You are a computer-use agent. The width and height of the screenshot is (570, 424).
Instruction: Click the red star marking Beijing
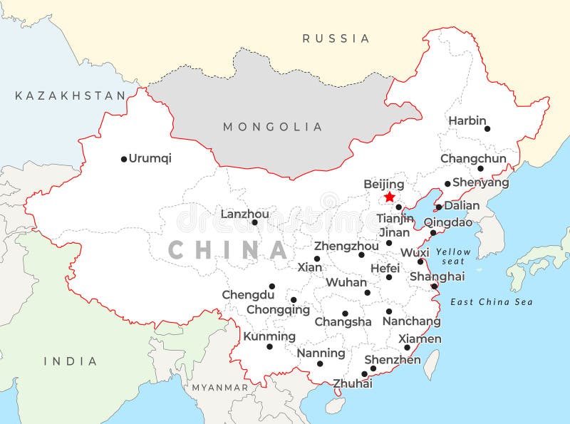coord(389,197)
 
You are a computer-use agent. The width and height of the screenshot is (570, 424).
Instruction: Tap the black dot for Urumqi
coord(123,159)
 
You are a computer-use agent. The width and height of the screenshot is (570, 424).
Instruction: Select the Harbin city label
coord(467,121)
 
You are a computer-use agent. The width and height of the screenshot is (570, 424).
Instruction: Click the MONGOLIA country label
coord(273,127)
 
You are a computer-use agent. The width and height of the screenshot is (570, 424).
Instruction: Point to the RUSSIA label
coord(336,38)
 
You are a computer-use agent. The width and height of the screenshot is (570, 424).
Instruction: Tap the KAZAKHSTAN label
coord(70,95)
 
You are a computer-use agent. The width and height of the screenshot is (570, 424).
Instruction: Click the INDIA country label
coord(71,361)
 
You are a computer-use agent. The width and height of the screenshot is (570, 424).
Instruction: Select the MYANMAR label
coord(219,388)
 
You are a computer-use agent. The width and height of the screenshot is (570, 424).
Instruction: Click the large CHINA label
coord(228,250)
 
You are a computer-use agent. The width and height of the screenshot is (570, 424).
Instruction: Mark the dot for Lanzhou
coord(254,222)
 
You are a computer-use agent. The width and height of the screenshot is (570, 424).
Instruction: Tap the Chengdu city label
coord(248,294)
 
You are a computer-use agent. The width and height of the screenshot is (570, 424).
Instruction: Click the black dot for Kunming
coord(269,346)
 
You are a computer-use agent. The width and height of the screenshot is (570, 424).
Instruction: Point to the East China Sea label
coord(492,302)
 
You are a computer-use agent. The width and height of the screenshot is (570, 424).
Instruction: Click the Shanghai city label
coord(437,276)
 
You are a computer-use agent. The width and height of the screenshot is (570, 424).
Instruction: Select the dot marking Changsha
coord(345,314)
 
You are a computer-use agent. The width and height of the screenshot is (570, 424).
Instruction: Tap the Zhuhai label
coord(353,383)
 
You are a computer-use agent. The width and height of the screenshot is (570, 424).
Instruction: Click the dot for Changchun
coord(480,169)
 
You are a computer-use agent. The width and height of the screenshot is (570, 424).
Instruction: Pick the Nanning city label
coord(321,353)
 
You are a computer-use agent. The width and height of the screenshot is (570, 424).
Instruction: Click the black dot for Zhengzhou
coord(361,254)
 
